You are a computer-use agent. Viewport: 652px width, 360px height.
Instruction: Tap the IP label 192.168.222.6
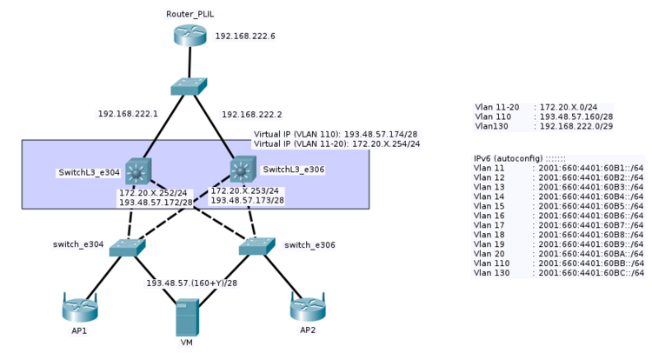(x=245, y=37)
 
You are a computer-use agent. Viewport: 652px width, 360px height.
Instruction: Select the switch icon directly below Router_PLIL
(x=189, y=86)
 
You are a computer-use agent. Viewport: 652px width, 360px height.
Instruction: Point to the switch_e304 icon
(x=128, y=247)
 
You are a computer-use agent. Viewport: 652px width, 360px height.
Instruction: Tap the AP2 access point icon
(x=307, y=307)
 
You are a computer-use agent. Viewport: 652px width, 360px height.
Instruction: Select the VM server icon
(x=187, y=317)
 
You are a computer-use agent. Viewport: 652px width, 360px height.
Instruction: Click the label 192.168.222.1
(x=128, y=114)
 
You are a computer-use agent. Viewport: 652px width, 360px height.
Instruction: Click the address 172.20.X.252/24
(x=153, y=192)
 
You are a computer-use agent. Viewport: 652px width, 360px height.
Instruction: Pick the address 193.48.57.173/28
(x=247, y=200)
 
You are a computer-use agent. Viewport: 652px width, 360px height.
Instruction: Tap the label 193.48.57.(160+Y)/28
(x=191, y=283)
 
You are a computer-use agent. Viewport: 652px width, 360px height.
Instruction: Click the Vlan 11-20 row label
(x=497, y=107)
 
